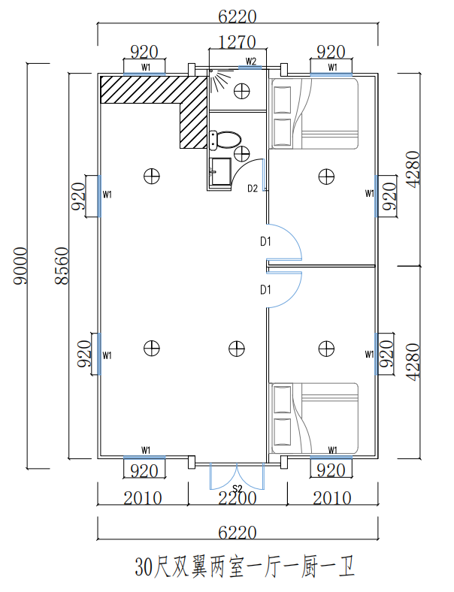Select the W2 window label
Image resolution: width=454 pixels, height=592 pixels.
pos(251,61)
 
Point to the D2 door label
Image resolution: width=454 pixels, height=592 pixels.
pos(253,188)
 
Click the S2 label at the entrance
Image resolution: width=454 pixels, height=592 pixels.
pos(237,489)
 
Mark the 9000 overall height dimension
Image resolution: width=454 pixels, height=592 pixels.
pos(21,267)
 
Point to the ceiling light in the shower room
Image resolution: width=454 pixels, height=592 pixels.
pos(242,91)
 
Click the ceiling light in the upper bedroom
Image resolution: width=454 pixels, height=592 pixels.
pos(325,176)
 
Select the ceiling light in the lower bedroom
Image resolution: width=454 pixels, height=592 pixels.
pos(325,348)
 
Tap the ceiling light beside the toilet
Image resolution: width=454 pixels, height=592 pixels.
pos(242,154)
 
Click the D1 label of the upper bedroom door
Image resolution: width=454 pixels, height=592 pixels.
pos(265,242)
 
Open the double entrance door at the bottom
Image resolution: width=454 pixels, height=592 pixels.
pos(237,473)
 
